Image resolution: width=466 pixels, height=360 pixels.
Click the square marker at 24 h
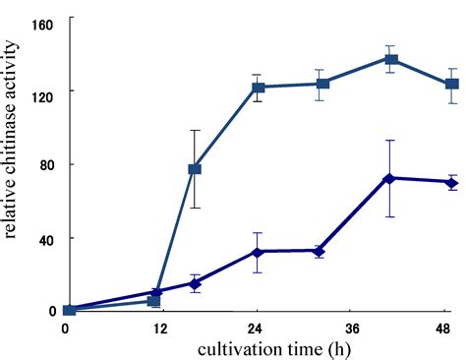(x=259, y=88)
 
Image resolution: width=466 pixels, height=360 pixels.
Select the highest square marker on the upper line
(x=391, y=59)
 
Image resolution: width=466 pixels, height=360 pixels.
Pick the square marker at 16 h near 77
(x=195, y=169)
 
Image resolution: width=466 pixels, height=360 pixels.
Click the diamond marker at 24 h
(x=259, y=252)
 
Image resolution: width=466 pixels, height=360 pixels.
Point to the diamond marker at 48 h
(x=452, y=182)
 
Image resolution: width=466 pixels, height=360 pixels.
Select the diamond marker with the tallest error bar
(x=390, y=178)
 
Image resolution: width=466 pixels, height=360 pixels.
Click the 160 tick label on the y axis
(x=45, y=20)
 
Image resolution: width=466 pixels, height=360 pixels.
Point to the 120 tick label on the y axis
(x=45, y=92)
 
